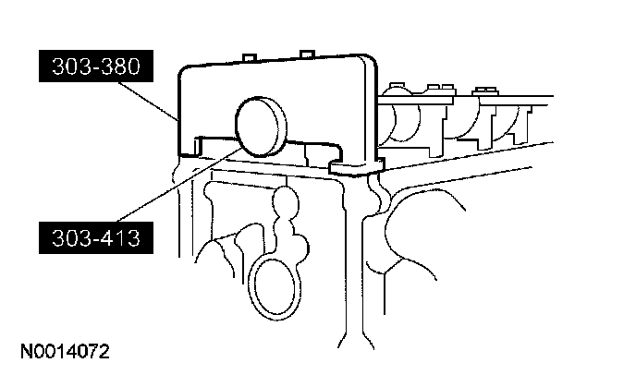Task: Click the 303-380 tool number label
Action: pyautogui.click(x=94, y=67)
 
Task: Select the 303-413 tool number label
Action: pyautogui.click(x=94, y=240)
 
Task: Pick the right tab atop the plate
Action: pyautogui.click(x=307, y=53)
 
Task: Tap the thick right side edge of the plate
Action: pyautogui.click(x=369, y=111)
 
